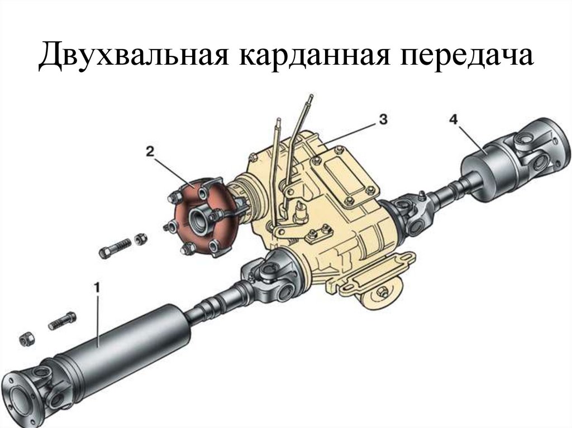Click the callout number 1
tap(97, 288)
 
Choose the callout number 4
tap(453, 118)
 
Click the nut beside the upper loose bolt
tap(141, 239)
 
